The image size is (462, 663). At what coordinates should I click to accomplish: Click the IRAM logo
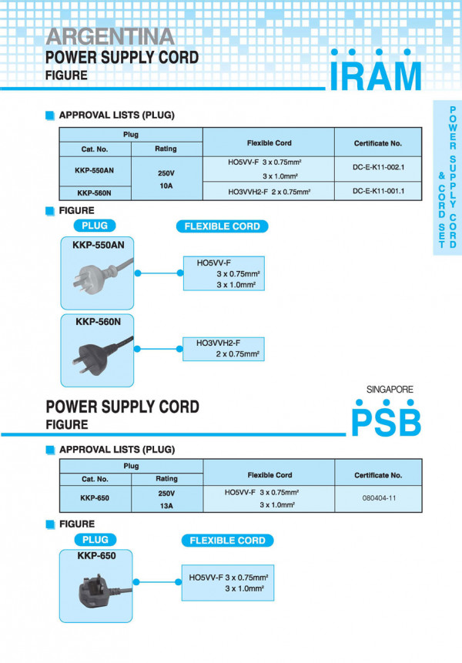376,73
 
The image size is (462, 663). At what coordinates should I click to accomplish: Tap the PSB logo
386,420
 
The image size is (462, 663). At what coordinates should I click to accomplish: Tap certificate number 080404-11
378,498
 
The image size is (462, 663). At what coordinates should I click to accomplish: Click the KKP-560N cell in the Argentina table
96,193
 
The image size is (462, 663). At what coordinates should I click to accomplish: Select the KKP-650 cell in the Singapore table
95,498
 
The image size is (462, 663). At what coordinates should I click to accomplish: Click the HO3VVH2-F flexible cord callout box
223,348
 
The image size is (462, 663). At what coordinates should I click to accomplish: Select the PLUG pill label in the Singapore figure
95,540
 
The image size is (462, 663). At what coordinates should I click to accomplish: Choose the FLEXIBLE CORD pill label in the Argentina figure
223,226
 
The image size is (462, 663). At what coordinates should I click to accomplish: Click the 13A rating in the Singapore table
166,506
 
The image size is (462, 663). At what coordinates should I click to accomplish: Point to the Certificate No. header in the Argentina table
378,142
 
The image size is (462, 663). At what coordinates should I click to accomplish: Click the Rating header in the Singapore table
166,478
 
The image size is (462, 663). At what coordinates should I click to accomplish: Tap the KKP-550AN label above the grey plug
99,244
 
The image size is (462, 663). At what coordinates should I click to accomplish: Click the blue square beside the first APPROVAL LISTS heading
51,116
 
